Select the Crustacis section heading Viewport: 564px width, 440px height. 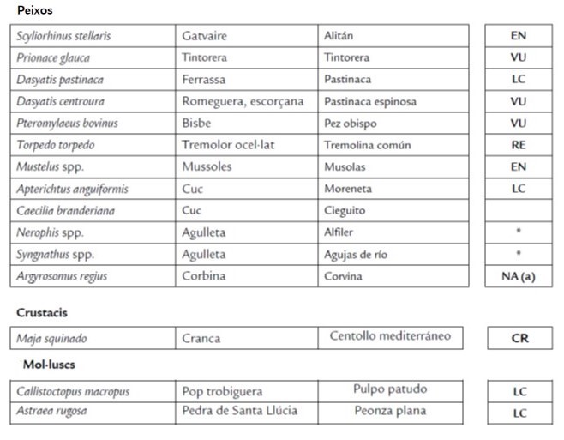42,313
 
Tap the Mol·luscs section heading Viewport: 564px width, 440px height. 49,365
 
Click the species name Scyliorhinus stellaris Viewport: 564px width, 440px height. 63,36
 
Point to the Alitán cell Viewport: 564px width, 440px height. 339,36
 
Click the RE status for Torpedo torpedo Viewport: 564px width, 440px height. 518,145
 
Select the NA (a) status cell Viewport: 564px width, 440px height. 518,276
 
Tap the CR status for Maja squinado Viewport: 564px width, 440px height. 519,338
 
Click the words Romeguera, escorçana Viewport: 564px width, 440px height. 243,101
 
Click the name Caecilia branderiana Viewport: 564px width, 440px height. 65,210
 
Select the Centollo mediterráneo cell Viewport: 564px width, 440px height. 390,336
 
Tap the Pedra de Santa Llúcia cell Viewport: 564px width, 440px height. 239,411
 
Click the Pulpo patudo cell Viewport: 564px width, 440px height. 390,389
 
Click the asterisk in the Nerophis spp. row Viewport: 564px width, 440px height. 518,232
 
